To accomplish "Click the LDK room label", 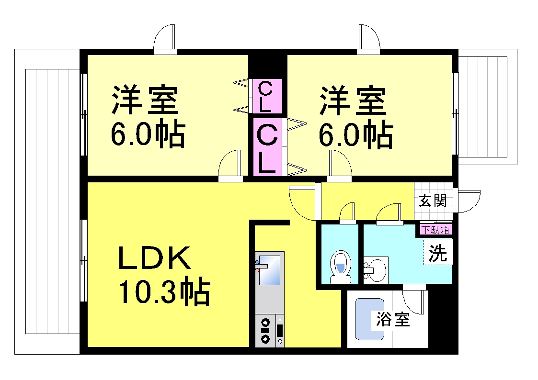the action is coord(154,257).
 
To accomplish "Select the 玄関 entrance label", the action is coord(433,201).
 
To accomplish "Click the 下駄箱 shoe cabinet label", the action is coord(435,230).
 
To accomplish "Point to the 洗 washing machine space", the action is coord(438,252).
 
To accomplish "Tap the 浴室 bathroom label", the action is coord(393,319).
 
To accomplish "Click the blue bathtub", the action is coord(369,319).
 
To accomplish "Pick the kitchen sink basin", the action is coord(270,269).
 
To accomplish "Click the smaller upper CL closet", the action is coord(265,96).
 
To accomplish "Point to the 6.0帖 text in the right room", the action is coord(356,134).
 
